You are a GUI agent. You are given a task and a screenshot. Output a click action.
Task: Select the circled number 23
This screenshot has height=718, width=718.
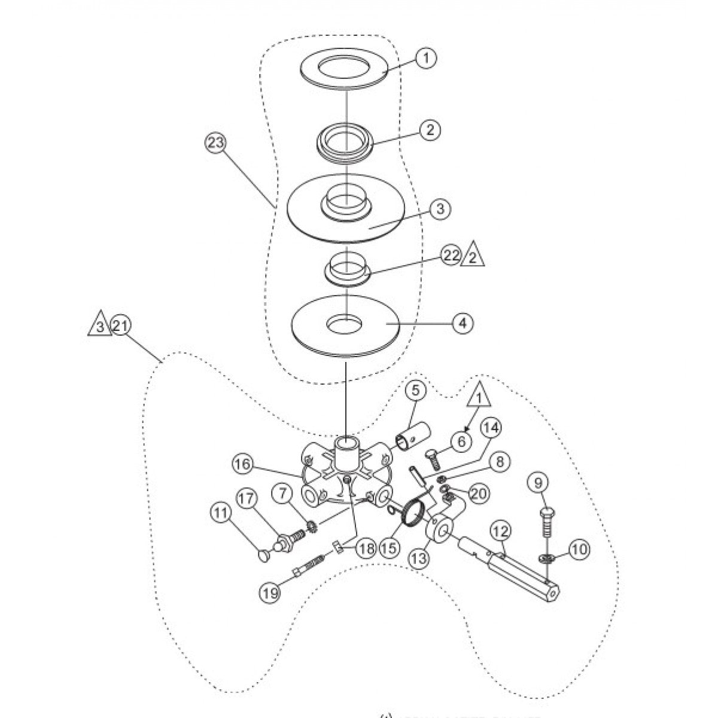coord(214,142)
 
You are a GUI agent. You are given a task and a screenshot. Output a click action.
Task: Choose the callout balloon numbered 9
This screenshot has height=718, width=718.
coord(537,480)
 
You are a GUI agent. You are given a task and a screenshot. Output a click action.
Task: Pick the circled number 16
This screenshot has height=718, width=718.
coord(244,464)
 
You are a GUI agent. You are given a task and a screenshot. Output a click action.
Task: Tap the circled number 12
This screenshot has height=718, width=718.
coord(500,529)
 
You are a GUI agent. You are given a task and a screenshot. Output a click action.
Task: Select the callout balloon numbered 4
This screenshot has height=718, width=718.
coord(461,323)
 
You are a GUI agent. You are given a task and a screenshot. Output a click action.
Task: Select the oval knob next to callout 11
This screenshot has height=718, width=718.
coord(264,556)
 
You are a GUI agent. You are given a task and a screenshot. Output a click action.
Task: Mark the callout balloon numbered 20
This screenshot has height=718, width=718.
coord(480,492)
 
